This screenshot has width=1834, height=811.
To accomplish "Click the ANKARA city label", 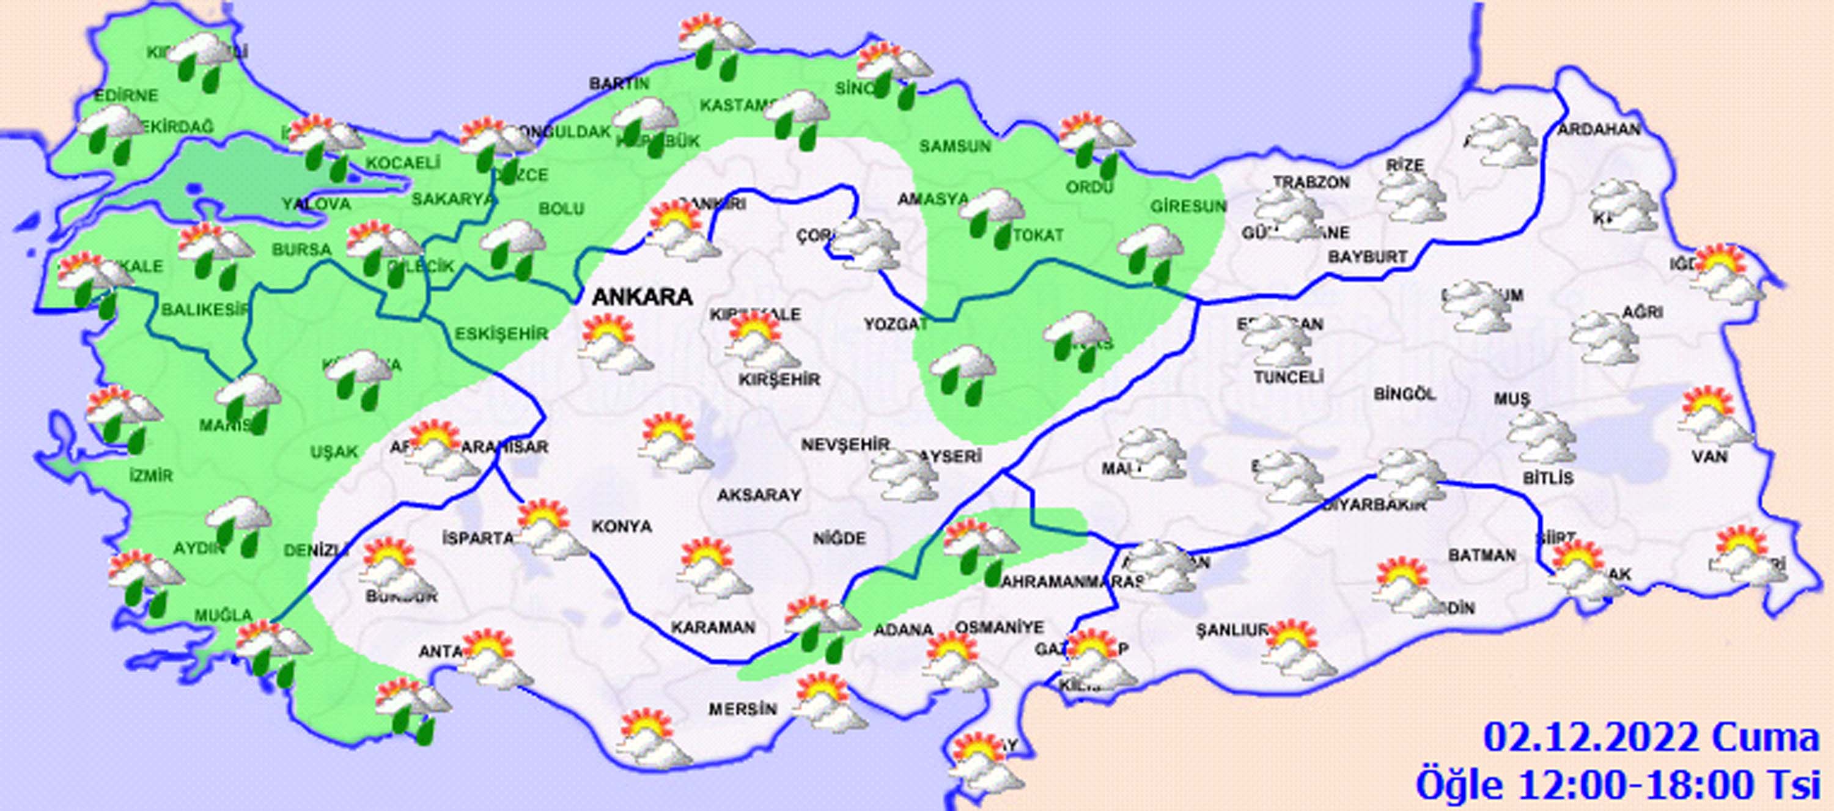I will [x=642, y=296].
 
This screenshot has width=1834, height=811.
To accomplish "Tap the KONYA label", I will [x=622, y=526].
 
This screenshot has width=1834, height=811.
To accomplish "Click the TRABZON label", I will [x=1311, y=182].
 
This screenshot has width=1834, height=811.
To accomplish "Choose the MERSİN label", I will [x=742, y=709].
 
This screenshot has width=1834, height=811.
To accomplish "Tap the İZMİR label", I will [x=151, y=474].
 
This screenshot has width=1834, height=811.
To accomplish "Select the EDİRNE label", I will [x=127, y=95].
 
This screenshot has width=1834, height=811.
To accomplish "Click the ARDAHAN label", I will [x=1599, y=130].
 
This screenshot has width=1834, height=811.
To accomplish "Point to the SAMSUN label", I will [x=955, y=147].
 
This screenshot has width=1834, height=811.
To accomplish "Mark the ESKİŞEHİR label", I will [x=501, y=333].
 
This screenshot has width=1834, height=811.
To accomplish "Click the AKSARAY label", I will [x=759, y=494].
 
